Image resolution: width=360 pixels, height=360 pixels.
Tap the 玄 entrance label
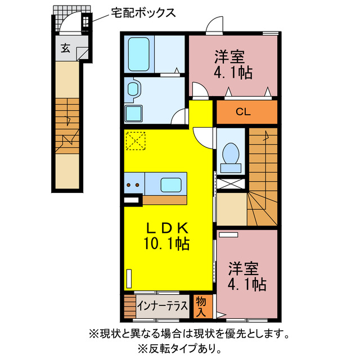[65, 49]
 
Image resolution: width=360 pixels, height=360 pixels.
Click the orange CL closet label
[242, 112]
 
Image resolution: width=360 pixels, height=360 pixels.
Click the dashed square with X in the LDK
[136, 141]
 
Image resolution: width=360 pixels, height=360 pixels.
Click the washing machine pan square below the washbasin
[134, 113]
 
